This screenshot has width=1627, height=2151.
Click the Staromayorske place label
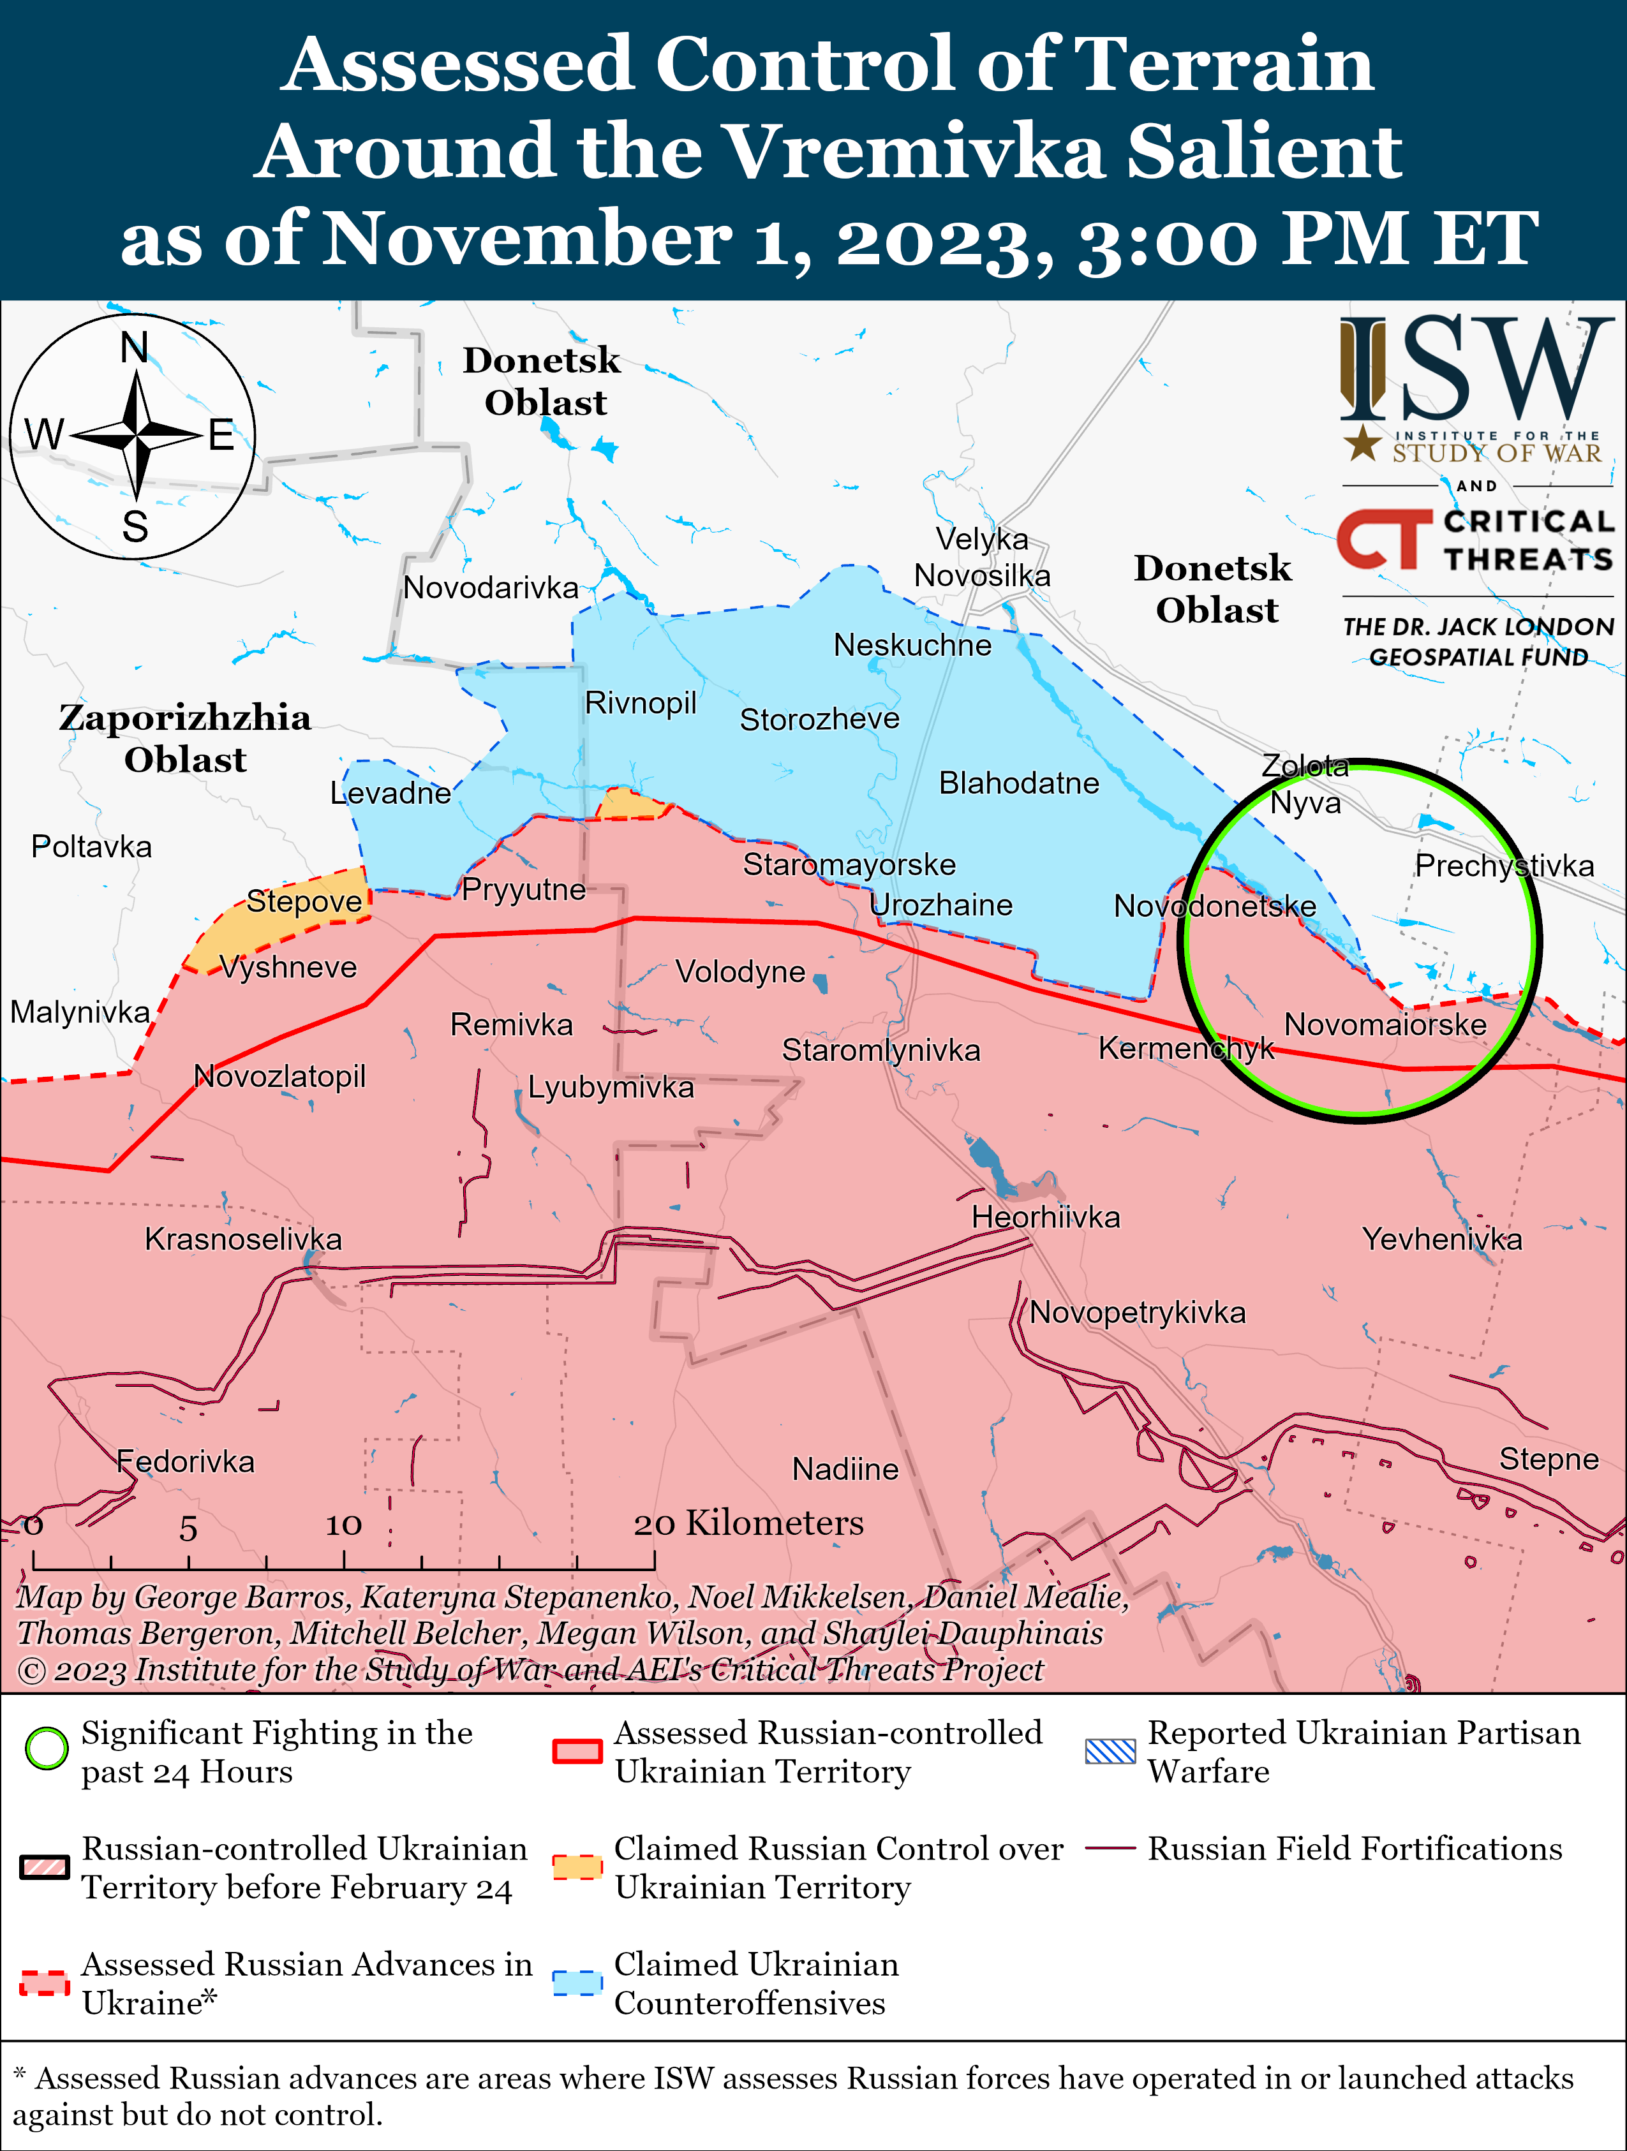(x=849, y=864)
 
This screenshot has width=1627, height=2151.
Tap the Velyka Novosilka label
(x=982, y=557)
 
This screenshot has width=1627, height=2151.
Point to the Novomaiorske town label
(x=1385, y=1025)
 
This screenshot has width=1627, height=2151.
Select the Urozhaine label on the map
(x=941, y=905)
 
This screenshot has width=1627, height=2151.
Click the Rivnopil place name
(x=640, y=703)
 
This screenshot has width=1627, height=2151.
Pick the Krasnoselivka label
(x=243, y=1240)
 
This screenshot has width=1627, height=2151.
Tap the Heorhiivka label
(x=1046, y=1218)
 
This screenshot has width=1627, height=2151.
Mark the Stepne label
(x=1549, y=1459)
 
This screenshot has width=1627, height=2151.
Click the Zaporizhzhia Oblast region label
(x=185, y=738)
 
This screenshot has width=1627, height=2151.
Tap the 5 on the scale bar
(x=188, y=1528)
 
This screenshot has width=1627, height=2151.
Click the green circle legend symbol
(x=46, y=1748)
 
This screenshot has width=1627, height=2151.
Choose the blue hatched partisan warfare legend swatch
(x=1110, y=1751)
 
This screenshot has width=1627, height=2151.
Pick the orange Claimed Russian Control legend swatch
(x=577, y=1867)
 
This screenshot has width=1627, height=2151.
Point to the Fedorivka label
(x=185, y=1461)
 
